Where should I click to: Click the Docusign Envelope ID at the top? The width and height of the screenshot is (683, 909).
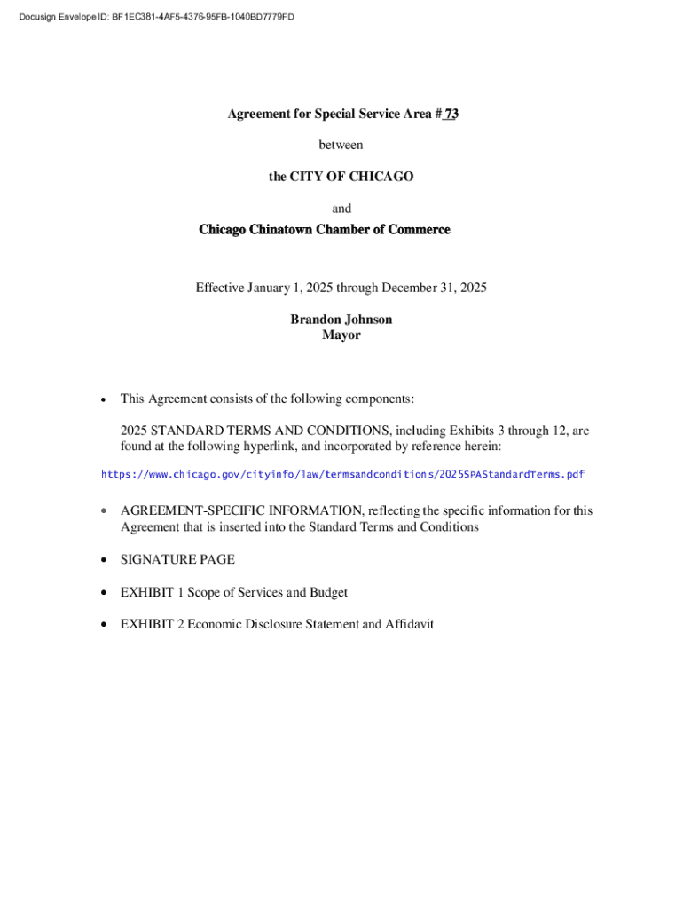click(x=162, y=16)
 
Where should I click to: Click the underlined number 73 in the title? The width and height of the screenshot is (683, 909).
click(x=451, y=114)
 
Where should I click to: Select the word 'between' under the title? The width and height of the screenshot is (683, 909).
click(x=341, y=145)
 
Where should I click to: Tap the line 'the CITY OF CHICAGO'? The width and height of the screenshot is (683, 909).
click(x=341, y=177)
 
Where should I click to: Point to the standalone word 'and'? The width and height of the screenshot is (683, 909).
click(x=341, y=209)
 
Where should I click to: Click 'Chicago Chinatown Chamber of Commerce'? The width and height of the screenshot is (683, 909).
click(x=325, y=230)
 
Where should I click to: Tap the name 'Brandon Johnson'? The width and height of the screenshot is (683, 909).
click(x=341, y=320)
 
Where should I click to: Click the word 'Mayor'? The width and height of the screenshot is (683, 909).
click(x=341, y=336)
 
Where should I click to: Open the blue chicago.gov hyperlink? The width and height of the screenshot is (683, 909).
click(x=342, y=474)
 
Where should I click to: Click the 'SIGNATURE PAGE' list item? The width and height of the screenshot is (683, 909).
click(x=177, y=559)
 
